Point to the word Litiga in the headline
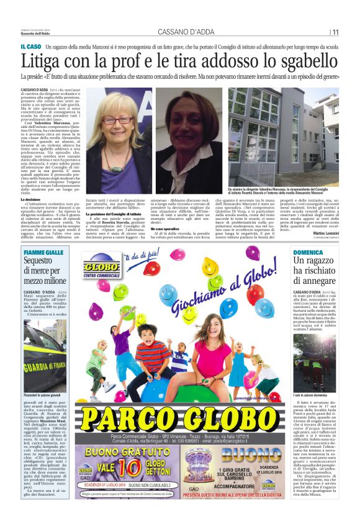coord(43,61)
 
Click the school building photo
coord(282,137)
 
